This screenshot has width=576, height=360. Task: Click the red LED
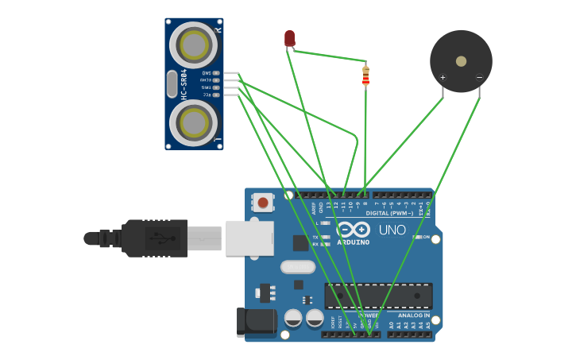289,38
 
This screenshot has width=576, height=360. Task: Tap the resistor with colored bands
365,75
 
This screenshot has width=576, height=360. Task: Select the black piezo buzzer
461,61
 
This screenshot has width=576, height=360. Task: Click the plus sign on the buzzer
443,77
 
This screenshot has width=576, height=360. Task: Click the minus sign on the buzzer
479,77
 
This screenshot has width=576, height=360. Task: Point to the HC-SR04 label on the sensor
184,83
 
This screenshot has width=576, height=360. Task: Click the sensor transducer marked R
195,45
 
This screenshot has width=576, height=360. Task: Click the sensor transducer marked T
195,122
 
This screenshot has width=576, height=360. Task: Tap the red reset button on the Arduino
263,203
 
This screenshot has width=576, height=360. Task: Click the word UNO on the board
392,230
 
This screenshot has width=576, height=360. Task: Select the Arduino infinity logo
354,230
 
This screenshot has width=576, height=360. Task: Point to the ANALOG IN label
413,315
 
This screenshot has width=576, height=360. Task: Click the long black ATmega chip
378,296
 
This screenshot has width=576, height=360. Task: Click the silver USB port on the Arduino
249,238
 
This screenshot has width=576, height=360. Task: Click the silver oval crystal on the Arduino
298,267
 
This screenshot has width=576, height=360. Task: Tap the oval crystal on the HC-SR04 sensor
172,83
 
